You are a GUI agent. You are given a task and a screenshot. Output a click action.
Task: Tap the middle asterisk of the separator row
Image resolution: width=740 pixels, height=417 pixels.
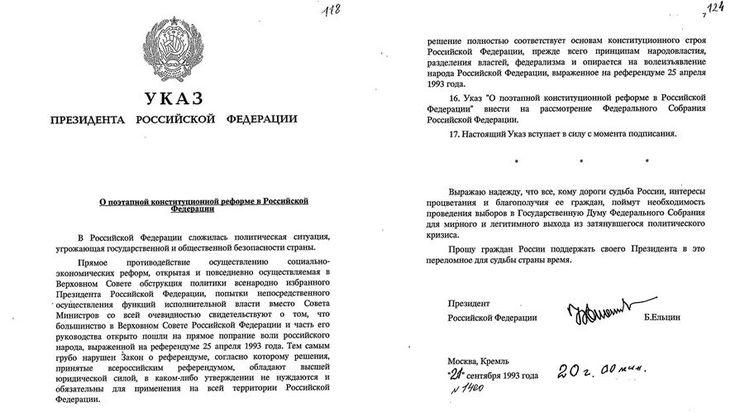point(589,158)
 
